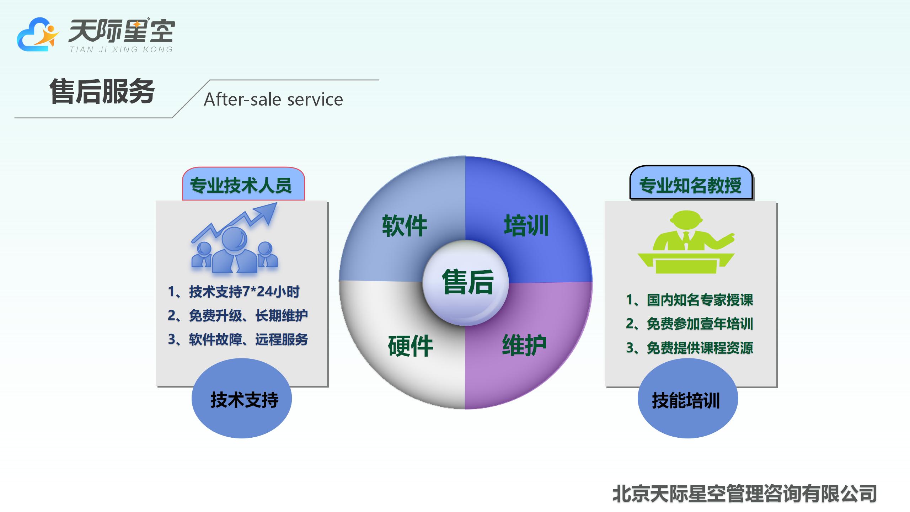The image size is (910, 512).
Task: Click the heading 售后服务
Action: click(102, 92)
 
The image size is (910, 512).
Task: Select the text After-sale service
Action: click(273, 100)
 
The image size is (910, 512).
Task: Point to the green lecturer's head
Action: click(686, 220)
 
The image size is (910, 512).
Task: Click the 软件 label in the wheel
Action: click(405, 226)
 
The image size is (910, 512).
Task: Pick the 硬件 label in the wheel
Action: click(411, 346)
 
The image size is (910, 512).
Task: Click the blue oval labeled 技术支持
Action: click(242, 399)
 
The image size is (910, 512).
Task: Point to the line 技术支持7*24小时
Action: click(234, 292)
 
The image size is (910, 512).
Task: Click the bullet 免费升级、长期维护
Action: click(237, 315)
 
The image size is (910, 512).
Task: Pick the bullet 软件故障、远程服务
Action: click(238, 340)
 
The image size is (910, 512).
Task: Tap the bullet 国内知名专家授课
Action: click(689, 300)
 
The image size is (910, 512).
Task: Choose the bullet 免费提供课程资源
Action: click(689, 348)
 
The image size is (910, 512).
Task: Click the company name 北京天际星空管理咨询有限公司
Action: click(744, 494)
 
